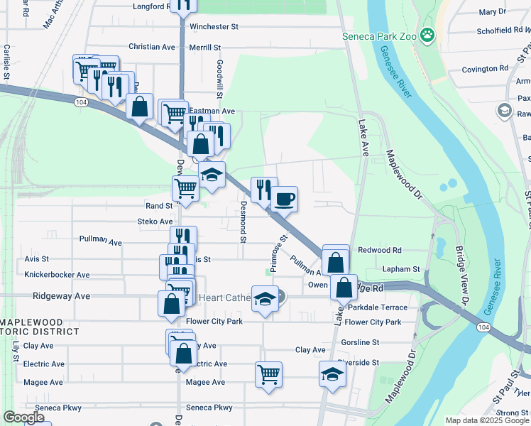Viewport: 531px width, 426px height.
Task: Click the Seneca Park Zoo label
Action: pyautogui.click(x=378, y=35)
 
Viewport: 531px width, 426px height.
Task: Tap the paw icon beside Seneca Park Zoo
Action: pyautogui.click(x=427, y=35)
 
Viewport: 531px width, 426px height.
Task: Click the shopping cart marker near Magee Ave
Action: pyautogui.click(x=268, y=373)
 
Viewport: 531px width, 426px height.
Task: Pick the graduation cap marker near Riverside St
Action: pyautogui.click(x=332, y=373)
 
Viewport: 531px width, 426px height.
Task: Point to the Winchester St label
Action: pyautogui.click(x=213, y=27)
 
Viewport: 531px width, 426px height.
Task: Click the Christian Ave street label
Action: pyautogui.click(x=151, y=47)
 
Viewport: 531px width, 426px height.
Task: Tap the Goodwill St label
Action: pyautogui.click(x=220, y=79)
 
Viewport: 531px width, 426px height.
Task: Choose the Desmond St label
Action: pyautogui.click(x=243, y=222)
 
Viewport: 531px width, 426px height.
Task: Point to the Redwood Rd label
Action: pyautogui.click(x=380, y=250)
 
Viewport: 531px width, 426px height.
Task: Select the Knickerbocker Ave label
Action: pyautogui.click(x=57, y=275)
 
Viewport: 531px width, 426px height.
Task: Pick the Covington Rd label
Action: pyautogui.click(x=485, y=69)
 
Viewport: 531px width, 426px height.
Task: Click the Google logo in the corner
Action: pyautogui.click(x=24, y=417)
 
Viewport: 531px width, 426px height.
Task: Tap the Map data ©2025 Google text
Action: pyautogui.click(x=487, y=420)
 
